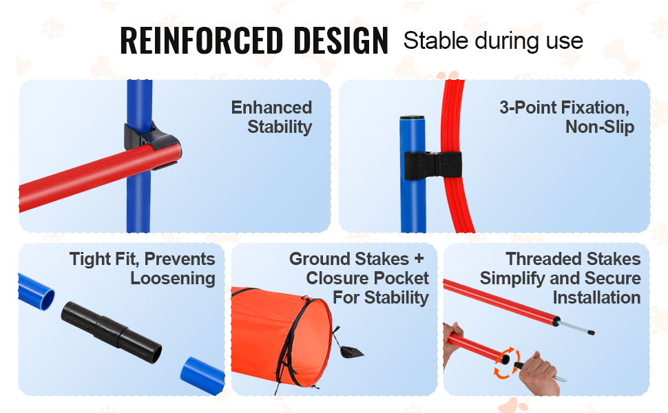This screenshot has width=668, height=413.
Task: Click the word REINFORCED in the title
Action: point(202,41)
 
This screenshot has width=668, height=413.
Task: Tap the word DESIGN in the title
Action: point(341,41)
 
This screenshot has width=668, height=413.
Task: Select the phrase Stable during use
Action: point(493,41)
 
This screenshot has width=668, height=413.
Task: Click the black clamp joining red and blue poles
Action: point(152,145)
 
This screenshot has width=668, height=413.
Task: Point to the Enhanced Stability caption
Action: point(271,117)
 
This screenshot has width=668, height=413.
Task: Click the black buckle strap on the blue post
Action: point(432,165)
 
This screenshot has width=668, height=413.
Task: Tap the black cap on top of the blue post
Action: point(413,118)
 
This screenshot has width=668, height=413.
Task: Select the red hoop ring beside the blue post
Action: point(455,156)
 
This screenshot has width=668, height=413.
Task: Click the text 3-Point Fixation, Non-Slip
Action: point(567,117)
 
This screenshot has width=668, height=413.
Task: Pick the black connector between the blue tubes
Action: point(112,332)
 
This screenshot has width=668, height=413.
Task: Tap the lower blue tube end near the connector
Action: point(202,374)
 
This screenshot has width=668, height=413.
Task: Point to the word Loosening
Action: point(173,278)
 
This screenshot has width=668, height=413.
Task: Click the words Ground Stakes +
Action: point(357,258)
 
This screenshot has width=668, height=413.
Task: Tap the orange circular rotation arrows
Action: point(506,363)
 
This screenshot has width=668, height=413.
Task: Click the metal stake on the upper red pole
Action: point(576,327)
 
